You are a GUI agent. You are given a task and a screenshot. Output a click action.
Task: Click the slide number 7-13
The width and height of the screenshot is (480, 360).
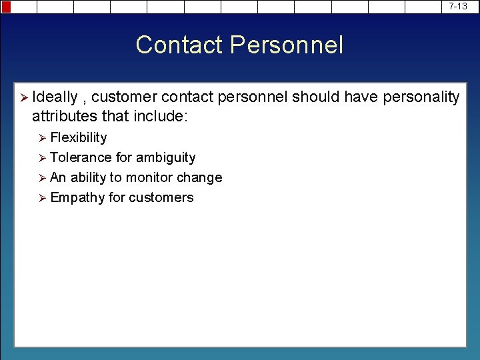(x=458, y=6)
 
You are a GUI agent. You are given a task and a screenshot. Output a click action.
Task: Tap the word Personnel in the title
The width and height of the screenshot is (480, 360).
(x=287, y=45)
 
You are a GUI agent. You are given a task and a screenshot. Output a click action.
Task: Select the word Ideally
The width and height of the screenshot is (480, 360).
(x=55, y=97)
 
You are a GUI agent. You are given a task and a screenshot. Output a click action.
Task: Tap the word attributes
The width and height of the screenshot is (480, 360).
(x=64, y=116)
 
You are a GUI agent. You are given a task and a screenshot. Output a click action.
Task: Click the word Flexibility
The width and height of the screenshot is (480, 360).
(x=79, y=137)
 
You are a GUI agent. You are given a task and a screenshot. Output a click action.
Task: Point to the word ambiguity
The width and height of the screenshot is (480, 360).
(x=165, y=158)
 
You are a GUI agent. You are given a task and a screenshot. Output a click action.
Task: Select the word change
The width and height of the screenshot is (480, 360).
(x=201, y=178)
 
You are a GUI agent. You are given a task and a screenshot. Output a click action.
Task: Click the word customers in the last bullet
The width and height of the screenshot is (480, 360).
(x=161, y=197)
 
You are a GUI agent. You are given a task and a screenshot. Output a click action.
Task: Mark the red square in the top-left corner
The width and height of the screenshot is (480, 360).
(x=6, y=7)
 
